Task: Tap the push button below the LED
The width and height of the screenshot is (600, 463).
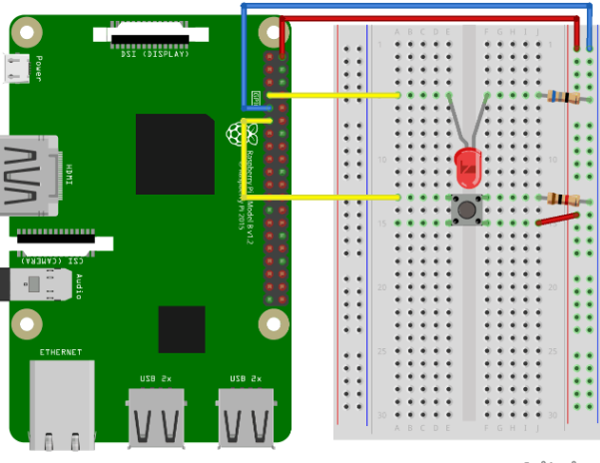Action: [465, 210]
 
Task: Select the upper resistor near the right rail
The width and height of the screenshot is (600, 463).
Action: [563, 97]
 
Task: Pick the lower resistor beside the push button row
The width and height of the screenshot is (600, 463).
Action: [563, 200]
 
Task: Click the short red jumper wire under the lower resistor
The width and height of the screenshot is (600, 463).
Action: [557, 219]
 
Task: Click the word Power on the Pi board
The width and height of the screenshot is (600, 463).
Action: [38, 68]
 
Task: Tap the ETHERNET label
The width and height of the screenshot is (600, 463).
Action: [61, 352]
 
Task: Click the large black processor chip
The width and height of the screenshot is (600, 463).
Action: [175, 154]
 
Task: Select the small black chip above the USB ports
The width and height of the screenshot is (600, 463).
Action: [182, 329]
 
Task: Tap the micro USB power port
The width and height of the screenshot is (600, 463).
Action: [16, 68]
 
